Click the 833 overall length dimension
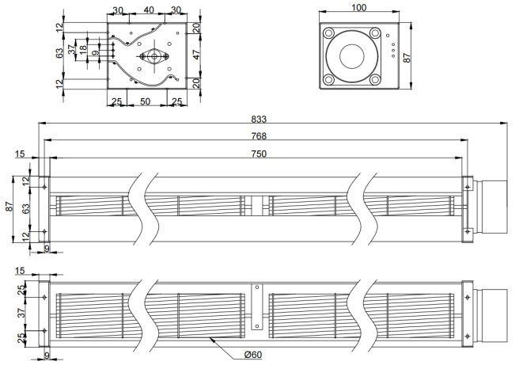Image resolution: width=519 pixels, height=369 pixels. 259,120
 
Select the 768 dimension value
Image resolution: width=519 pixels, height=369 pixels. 259,136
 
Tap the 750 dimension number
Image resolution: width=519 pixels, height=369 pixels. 259,154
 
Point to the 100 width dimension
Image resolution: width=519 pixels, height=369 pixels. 359,7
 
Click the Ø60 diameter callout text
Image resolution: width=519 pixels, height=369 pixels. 253,355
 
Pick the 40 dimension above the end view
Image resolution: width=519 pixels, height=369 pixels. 149,10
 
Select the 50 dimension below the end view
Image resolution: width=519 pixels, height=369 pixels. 146,101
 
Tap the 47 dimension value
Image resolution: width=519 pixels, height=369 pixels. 197,55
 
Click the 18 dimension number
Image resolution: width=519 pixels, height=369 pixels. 83,48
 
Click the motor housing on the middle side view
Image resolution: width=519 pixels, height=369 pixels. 494,207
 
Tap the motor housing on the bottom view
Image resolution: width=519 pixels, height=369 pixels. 494,316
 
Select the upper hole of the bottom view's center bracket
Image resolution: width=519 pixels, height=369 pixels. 257,287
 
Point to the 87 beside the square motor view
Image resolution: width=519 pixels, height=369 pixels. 407,58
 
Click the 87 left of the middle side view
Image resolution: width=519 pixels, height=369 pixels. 9,207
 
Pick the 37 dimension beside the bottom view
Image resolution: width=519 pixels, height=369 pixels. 21,313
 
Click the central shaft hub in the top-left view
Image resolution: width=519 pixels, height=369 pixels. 154,57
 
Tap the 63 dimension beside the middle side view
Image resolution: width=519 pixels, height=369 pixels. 26,209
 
